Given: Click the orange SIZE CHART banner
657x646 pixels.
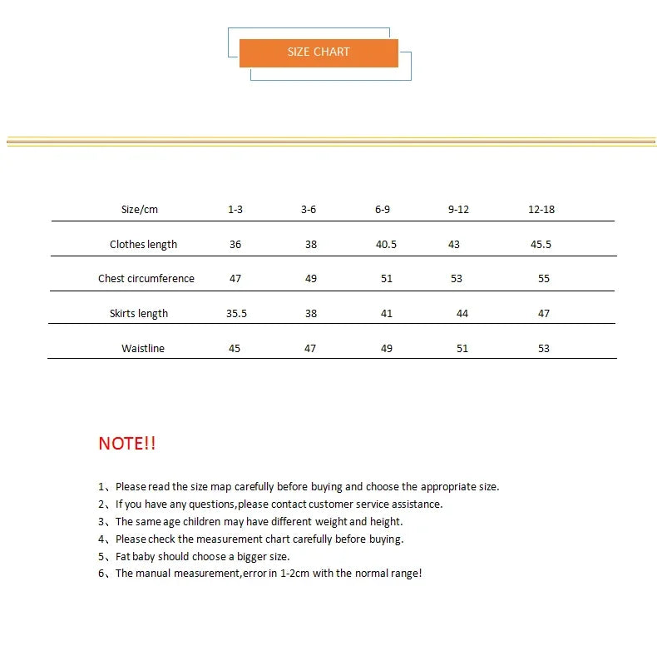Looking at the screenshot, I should click(319, 52).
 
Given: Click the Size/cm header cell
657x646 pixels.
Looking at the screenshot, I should click(139, 210).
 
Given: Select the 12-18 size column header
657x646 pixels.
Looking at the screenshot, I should click(541, 210).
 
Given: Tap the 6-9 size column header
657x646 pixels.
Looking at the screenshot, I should click(382, 210).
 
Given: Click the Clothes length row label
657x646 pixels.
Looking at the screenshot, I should click(143, 245).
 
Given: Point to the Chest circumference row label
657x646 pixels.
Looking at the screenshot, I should click(146, 279).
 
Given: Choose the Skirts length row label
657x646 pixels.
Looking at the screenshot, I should click(138, 314).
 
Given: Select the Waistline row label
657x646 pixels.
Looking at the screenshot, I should click(142, 349).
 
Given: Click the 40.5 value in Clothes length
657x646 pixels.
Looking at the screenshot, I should click(386, 245).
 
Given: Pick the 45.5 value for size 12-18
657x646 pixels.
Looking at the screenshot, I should click(541, 245).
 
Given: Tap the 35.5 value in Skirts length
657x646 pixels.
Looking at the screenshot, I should click(236, 314).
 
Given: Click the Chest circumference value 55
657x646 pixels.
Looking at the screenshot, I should click(543, 279).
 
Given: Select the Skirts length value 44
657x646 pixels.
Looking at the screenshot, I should click(462, 314).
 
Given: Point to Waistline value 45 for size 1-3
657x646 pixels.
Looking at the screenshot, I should click(235, 349).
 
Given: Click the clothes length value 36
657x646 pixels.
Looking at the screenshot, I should click(235, 245).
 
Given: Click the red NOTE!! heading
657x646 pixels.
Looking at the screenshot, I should click(126, 444).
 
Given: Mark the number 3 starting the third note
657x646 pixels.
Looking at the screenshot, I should click(101, 522).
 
